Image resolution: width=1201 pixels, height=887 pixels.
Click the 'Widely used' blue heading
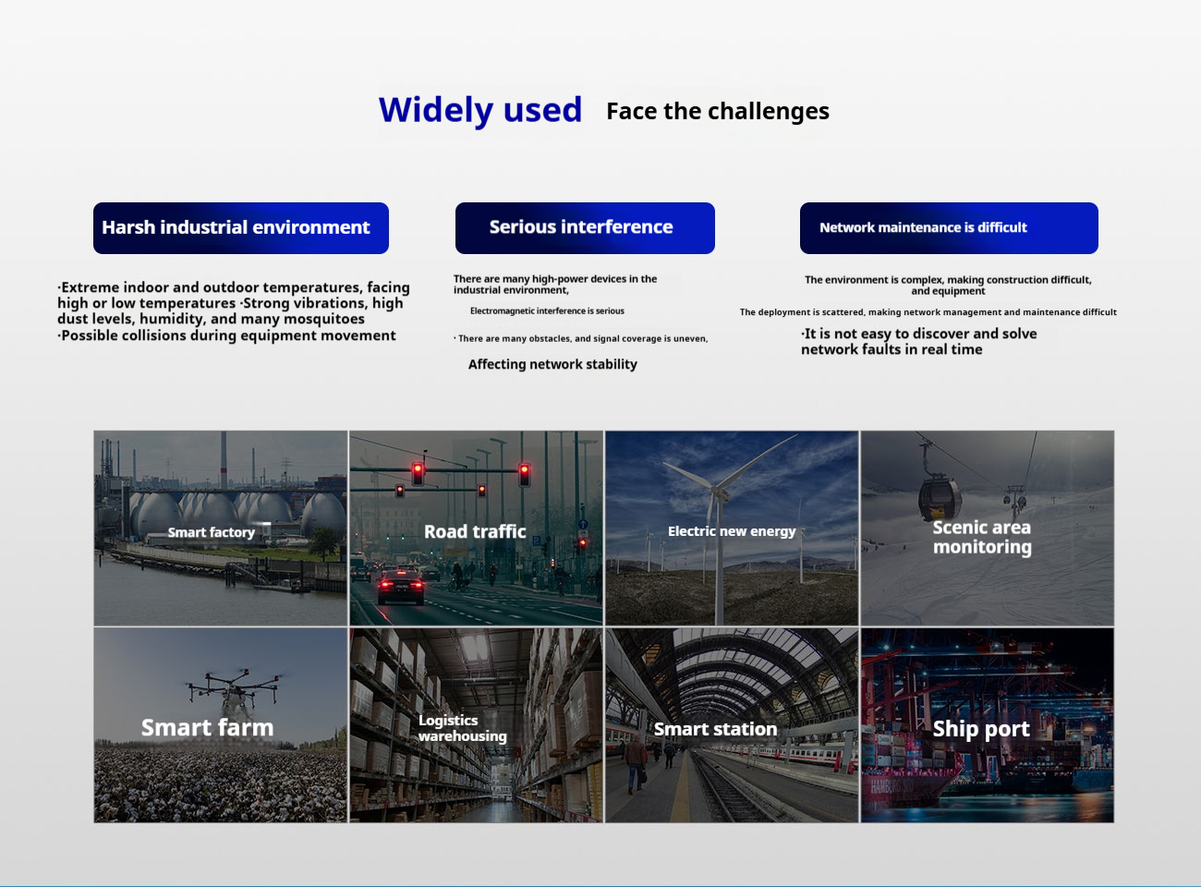(480, 110)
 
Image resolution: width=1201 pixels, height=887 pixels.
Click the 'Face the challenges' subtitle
(718, 112)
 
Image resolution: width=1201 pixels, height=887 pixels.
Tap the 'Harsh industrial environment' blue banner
(241, 228)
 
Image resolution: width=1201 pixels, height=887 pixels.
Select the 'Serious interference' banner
(585, 228)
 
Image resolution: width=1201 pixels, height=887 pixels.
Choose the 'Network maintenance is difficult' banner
(949, 228)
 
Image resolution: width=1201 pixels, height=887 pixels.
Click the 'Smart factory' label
(212, 532)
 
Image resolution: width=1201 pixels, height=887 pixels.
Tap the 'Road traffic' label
(475, 532)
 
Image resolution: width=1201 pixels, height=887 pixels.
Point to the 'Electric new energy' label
(732, 531)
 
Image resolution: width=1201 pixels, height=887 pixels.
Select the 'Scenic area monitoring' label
(982, 537)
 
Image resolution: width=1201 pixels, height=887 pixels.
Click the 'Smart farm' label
(207, 727)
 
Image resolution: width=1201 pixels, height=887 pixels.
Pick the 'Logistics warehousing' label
(463, 728)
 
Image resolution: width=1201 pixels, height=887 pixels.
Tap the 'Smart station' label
(715, 729)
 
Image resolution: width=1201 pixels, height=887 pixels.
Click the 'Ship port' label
(981, 729)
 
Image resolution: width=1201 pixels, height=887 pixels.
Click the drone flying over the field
(234, 687)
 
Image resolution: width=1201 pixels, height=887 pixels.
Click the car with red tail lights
(401, 585)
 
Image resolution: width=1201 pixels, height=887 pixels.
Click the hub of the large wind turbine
(719, 492)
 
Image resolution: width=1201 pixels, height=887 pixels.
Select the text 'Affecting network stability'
(552, 364)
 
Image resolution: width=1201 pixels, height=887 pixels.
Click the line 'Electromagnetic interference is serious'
(547, 310)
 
